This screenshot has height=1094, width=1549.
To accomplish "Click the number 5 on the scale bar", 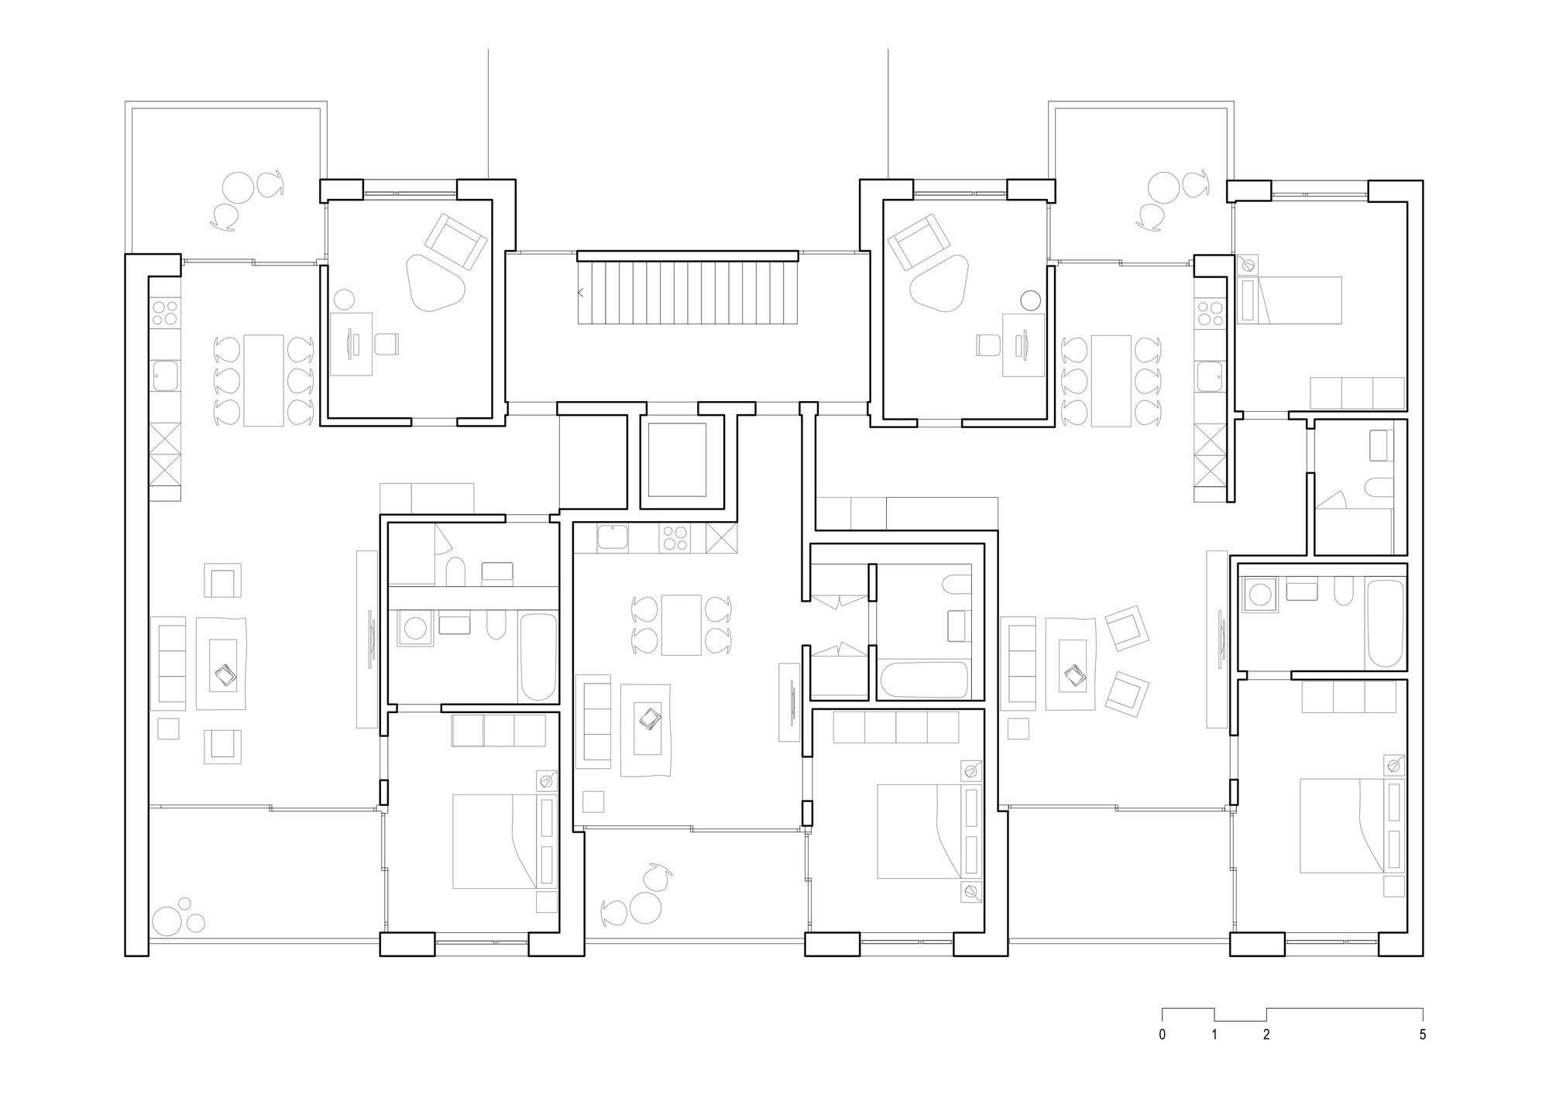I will point(1422,1035).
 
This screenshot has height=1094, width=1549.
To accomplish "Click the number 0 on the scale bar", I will point(1162,1035).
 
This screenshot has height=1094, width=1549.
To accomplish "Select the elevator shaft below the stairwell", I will point(677,460).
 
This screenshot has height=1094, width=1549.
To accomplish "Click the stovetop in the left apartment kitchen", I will point(165,313).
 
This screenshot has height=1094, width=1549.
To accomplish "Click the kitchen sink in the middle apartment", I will point(612,537).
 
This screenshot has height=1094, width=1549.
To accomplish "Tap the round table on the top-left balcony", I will point(237,187).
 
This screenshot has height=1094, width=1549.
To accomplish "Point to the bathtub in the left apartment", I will point(538,657).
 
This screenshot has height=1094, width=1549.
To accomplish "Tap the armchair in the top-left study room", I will point(458,242).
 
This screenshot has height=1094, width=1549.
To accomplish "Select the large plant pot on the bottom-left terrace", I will point(167,921).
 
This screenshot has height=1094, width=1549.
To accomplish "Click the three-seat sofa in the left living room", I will point(168,664).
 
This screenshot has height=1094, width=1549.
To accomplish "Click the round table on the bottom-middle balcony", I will point(644,907).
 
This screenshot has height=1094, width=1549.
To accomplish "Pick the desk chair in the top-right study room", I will point(988,344).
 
